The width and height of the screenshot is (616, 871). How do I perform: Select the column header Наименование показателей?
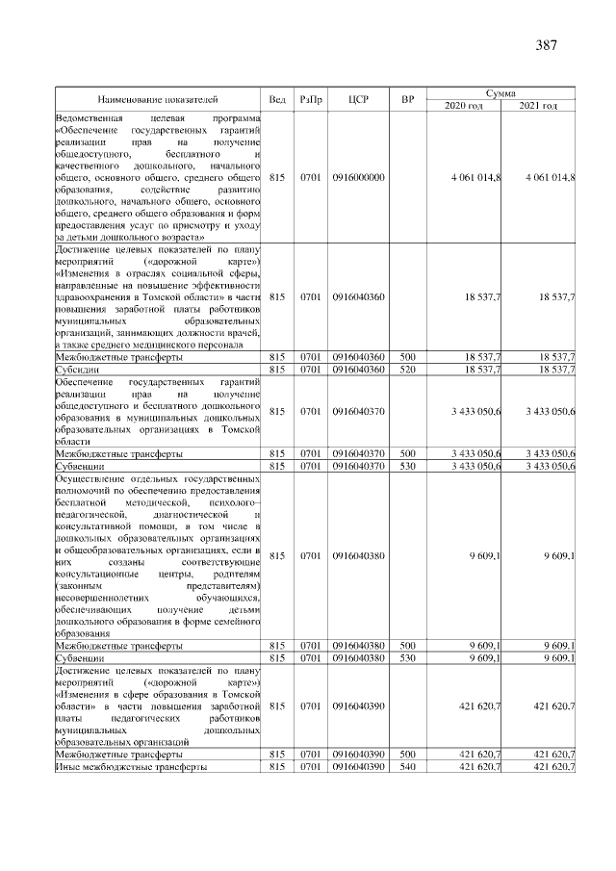pos(158,99)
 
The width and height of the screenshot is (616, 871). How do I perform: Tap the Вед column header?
pos(277,99)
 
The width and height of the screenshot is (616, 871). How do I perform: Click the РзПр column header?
pos(310,99)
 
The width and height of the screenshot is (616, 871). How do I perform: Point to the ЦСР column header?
pos(358,99)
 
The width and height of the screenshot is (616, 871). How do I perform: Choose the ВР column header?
pos(408,99)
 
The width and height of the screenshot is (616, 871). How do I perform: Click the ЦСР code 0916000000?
pos(358,177)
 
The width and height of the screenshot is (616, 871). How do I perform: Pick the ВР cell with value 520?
pos(408,369)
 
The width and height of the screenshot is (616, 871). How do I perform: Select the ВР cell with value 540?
pos(408,767)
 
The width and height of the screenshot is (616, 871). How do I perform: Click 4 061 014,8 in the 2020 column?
pos(475,177)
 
